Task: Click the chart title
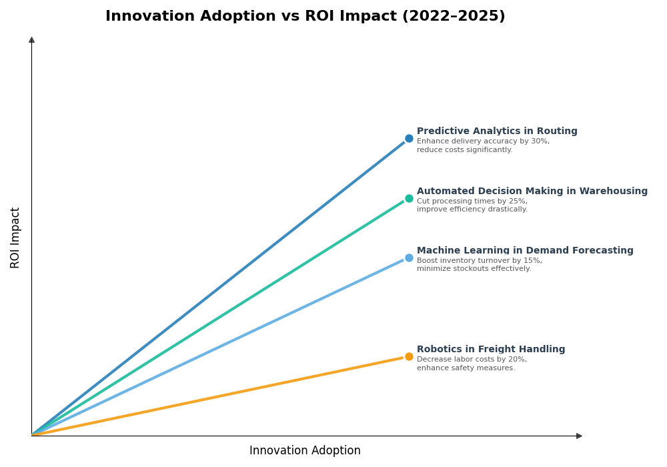pos(305,16)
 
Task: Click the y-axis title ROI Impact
pos(15,238)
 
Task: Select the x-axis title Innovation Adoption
pos(305,451)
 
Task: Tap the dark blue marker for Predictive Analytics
pos(409,139)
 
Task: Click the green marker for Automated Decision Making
pos(409,198)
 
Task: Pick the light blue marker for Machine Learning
pos(409,258)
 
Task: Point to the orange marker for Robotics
pos(409,356)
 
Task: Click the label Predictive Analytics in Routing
pos(497,131)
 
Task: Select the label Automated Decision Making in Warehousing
pos(532,191)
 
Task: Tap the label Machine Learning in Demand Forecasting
pos(525,251)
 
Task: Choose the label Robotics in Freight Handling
pos(491,350)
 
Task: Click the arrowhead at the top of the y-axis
pos(31,40)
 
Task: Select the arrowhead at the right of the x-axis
pos(579,436)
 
